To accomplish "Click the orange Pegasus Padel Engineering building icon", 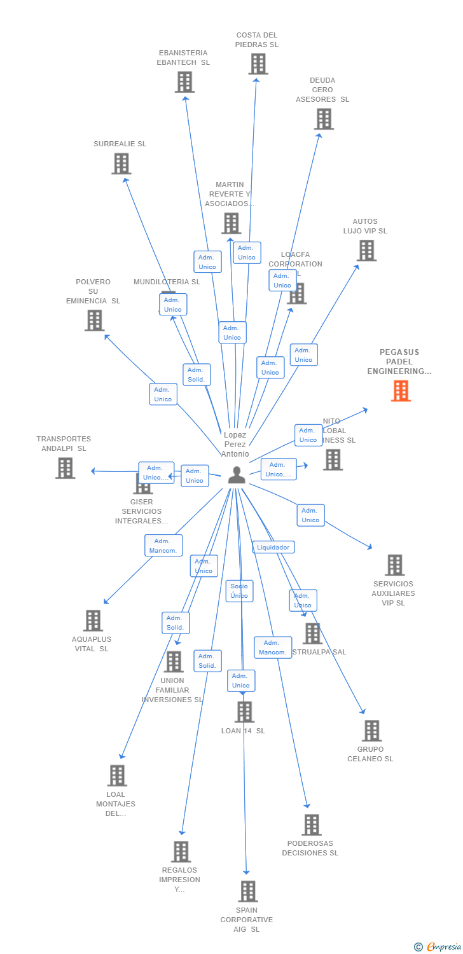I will click(401, 391).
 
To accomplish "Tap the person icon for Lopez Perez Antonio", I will click(237, 475).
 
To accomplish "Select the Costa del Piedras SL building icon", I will click(258, 64).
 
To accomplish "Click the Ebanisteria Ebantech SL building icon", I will click(184, 82).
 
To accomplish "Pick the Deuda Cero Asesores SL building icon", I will click(324, 119).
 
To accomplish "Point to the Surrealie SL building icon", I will click(121, 164).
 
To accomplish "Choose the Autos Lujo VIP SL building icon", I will click(366, 251).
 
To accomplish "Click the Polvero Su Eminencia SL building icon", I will click(94, 321).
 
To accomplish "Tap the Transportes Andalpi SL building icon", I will click(65, 468).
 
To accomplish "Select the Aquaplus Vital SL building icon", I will click(93, 621).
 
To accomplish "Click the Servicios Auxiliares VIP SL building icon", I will click(394, 565).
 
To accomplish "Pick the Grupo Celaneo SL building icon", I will click(371, 731).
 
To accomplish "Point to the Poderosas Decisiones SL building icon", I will click(311, 825).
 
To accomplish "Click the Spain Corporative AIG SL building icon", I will click(247, 892).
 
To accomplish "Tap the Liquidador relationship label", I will click(273, 547).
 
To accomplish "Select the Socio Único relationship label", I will click(239, 591).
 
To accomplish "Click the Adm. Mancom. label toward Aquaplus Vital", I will click(163, 546).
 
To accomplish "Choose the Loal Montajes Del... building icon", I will click(117, 775).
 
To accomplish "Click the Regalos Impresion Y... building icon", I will click(181, 852).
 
